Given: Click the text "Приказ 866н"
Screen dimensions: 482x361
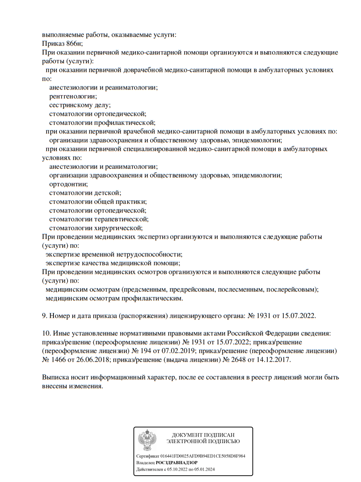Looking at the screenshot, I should (62, 43).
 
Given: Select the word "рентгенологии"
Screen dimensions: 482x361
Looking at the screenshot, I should (73, 96).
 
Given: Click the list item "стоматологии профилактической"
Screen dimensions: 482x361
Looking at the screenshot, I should (102, 122).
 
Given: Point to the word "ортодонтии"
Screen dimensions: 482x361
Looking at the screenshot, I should (69, 184).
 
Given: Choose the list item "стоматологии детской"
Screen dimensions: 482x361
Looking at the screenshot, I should (85, 193).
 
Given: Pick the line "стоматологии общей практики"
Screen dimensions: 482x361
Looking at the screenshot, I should (98, 201).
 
